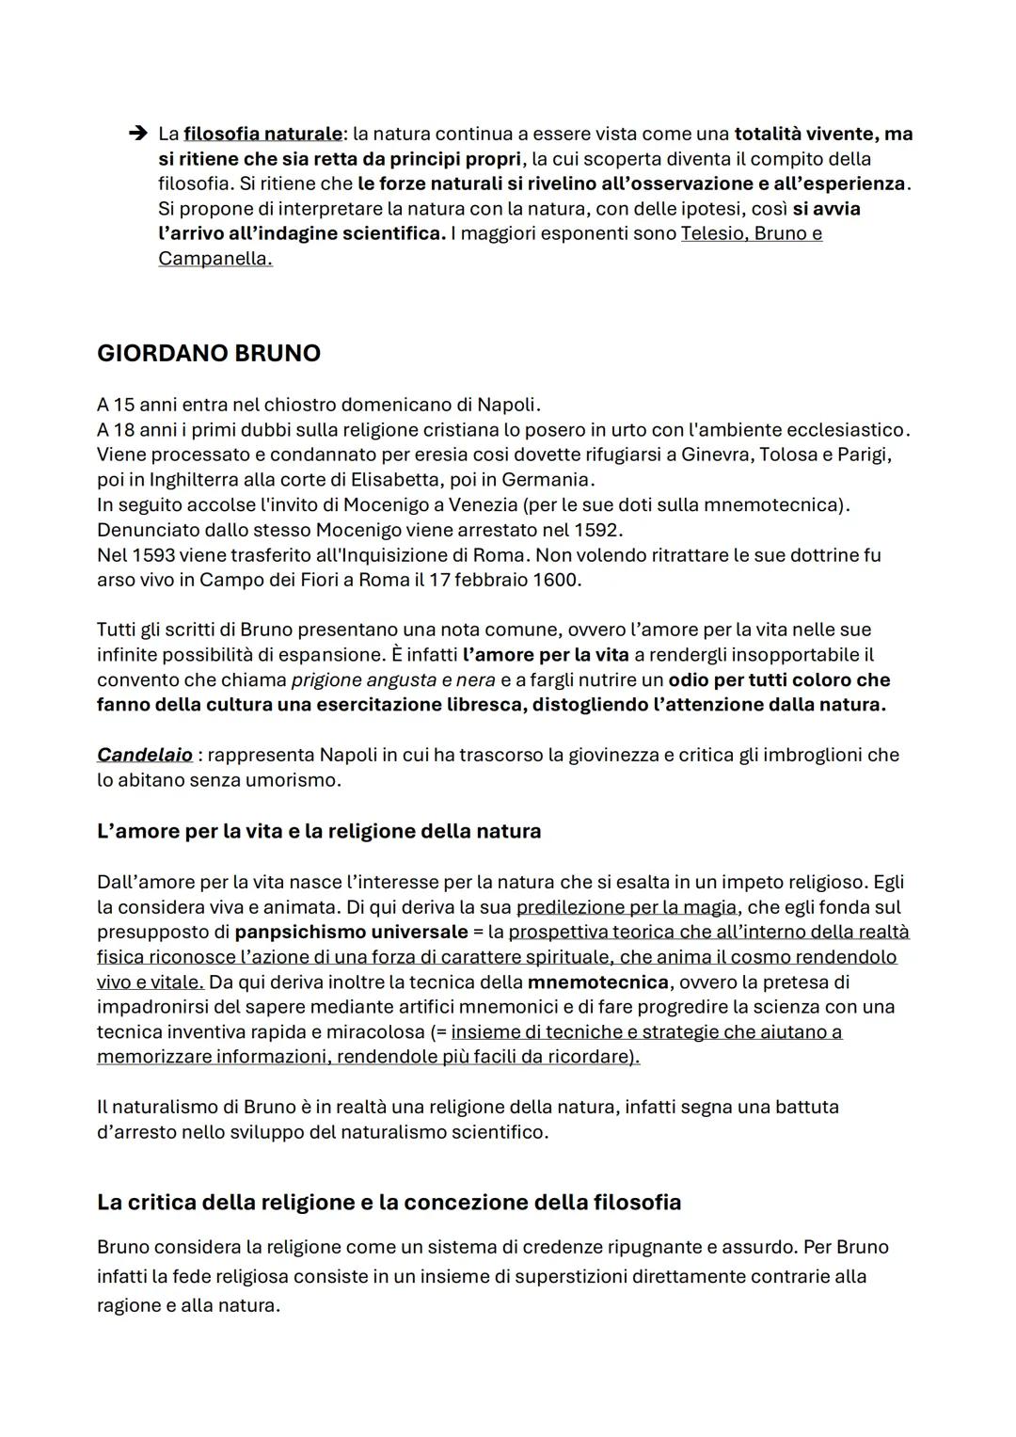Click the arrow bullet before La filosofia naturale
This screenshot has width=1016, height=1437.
(x=136, y=134)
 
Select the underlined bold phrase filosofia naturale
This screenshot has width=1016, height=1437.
(x=262, y=134)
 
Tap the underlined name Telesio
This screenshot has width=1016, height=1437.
(x=713, y=233)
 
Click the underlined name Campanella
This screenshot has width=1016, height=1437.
(x=214, y=258)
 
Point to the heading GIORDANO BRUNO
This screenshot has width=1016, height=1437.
(x=209, y=353)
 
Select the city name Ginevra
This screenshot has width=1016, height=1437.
(x=717, y=455)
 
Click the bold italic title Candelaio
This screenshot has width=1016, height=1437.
(x=145, y=755)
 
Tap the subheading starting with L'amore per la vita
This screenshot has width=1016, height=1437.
(x=319, y=831)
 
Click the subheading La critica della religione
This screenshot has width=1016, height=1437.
(x=389, y=1202)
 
